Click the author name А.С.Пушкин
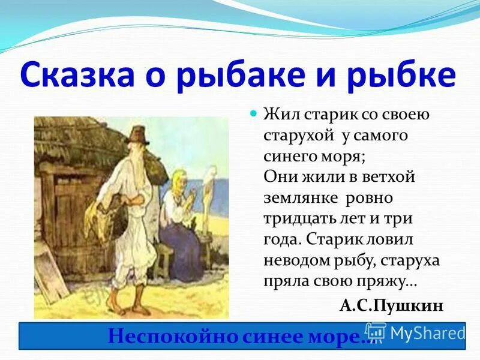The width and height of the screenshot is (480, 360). click(391, 306)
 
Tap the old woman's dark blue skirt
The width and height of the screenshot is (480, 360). click(180, 246)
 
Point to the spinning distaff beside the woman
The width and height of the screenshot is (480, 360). click(208, 198)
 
